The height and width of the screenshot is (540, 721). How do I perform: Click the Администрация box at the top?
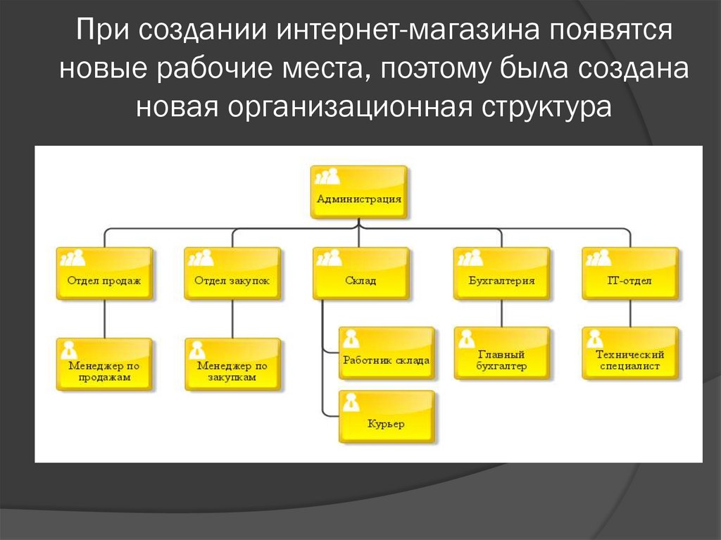pos(358,191)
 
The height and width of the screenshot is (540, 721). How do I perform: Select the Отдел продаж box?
pos(104,273)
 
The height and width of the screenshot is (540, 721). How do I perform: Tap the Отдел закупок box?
pos(232,273)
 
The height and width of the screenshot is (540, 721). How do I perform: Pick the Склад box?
pos(360,273)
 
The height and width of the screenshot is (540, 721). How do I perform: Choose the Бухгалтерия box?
pos(501,273)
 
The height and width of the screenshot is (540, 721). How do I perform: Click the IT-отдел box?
pos(629,273)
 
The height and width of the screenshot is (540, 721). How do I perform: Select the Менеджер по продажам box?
pos(104,364)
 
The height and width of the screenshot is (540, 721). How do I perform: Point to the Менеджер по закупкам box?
pos(232,364)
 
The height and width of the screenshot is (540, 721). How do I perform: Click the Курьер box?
pos(386,417)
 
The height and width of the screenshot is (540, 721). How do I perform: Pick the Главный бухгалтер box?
pos(501,353)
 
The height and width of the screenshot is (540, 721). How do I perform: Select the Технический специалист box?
pos(629,353)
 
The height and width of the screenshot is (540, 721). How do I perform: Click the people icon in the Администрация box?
pos(327,177)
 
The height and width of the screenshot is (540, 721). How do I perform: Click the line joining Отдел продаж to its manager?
pos(104,318)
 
